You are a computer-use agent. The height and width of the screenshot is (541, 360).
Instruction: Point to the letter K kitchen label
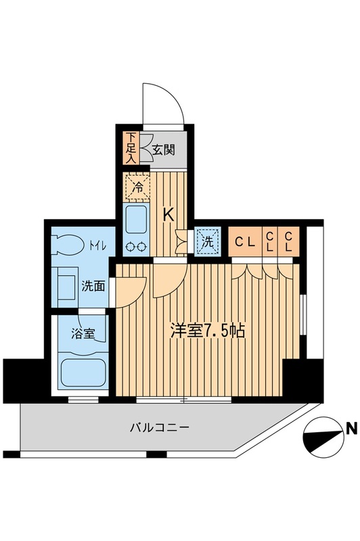click(169, 216)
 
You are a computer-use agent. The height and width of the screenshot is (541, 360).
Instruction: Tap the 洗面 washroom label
click(93, 285)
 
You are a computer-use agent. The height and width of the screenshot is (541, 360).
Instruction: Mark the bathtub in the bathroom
click(81, 371)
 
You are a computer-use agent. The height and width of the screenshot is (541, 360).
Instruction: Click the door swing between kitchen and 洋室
click(166, 281)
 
